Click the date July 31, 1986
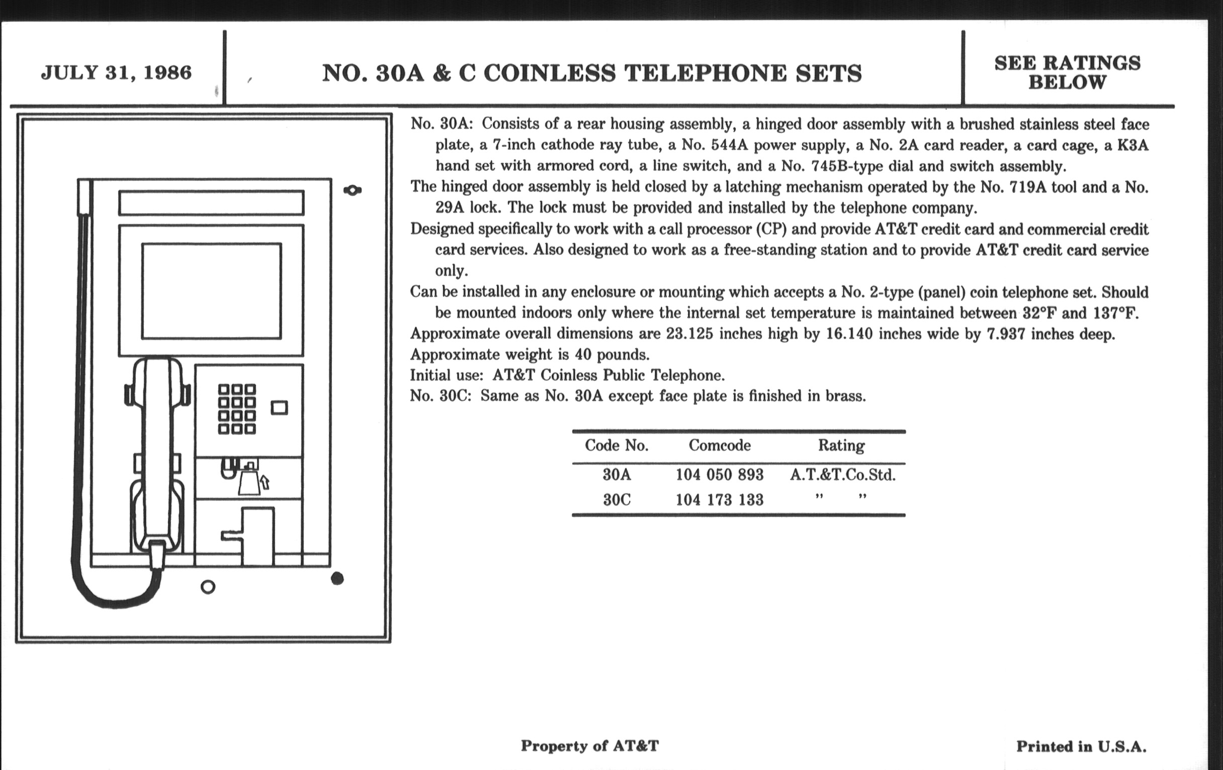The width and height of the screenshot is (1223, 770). click(x=116, y=72)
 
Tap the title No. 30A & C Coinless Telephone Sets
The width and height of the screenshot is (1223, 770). click(x=592, y=73)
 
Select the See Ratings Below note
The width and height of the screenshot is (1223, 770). click(x=1067, y=72)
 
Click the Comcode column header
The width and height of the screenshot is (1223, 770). click(x=719, y=446)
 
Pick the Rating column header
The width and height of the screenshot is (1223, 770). click(x=841, y=446)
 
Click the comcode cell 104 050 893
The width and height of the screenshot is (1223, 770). click(x=719, y=475)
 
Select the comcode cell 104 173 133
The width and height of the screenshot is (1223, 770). click(x=719, y=500)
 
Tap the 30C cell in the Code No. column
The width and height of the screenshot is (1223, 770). click(x=617, y=500)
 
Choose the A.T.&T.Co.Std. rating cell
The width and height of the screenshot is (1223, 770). click(x=843, y=475)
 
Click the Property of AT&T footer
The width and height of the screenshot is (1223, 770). click(x=590, y=746)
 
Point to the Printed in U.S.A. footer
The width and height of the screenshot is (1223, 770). click(x=1081, y=746)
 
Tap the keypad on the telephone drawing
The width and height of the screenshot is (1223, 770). click(x=237, y=409)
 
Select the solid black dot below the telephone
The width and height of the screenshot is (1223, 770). click(x=337, y=578)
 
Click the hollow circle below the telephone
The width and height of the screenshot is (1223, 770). click(x=208, y=587)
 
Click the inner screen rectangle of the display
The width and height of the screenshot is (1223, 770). click(x=211, y=291)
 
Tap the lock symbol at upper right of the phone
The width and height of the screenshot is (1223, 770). click(x=353, y=191)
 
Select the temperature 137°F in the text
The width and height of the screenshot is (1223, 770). click(x=1115, y=313)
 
